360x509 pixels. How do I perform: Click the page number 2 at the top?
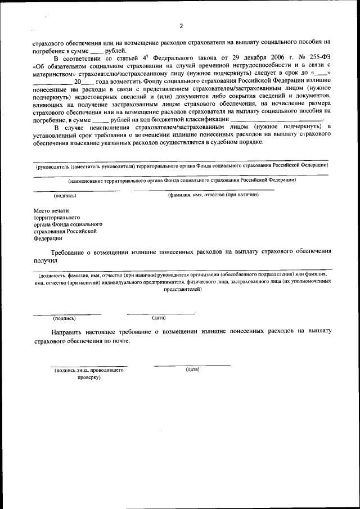(181, 26)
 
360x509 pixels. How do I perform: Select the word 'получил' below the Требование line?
(46, 260)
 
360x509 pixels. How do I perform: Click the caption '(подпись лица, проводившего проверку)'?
(88, 374)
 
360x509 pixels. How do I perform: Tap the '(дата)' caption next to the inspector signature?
(192, 370)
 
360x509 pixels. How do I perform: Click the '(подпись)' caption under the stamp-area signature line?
(65, 196)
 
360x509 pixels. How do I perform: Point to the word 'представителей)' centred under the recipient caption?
(182, 289)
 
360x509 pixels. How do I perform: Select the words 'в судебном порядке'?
(231, 142)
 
